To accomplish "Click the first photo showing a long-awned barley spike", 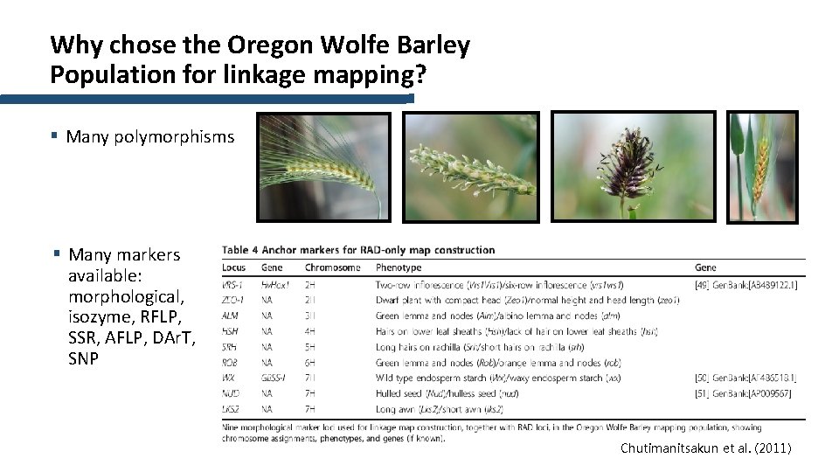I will click(320, 167).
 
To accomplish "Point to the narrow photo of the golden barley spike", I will click(763, 167).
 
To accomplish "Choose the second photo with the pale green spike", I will click(470, 167).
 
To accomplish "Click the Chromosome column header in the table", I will click(332, 267).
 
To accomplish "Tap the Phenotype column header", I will click(399, 267).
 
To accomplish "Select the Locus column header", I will click(234, 267).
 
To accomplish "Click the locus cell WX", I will click(230, 378).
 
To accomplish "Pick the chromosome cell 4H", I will click(311, 331).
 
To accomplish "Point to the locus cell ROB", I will click(232, 362).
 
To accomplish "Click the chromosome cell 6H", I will click(311, 362).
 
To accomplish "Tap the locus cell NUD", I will click(232, 392).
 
